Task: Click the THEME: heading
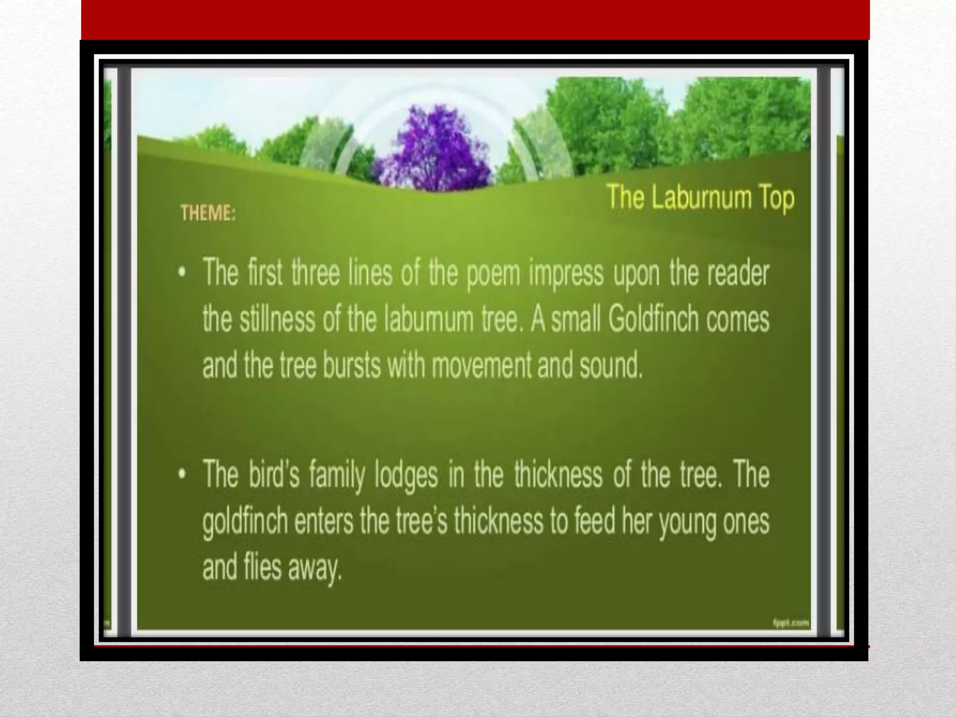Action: (208, 213)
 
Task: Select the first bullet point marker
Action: (183, 273)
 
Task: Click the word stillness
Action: (277, 320)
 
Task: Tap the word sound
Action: (611, 366)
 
